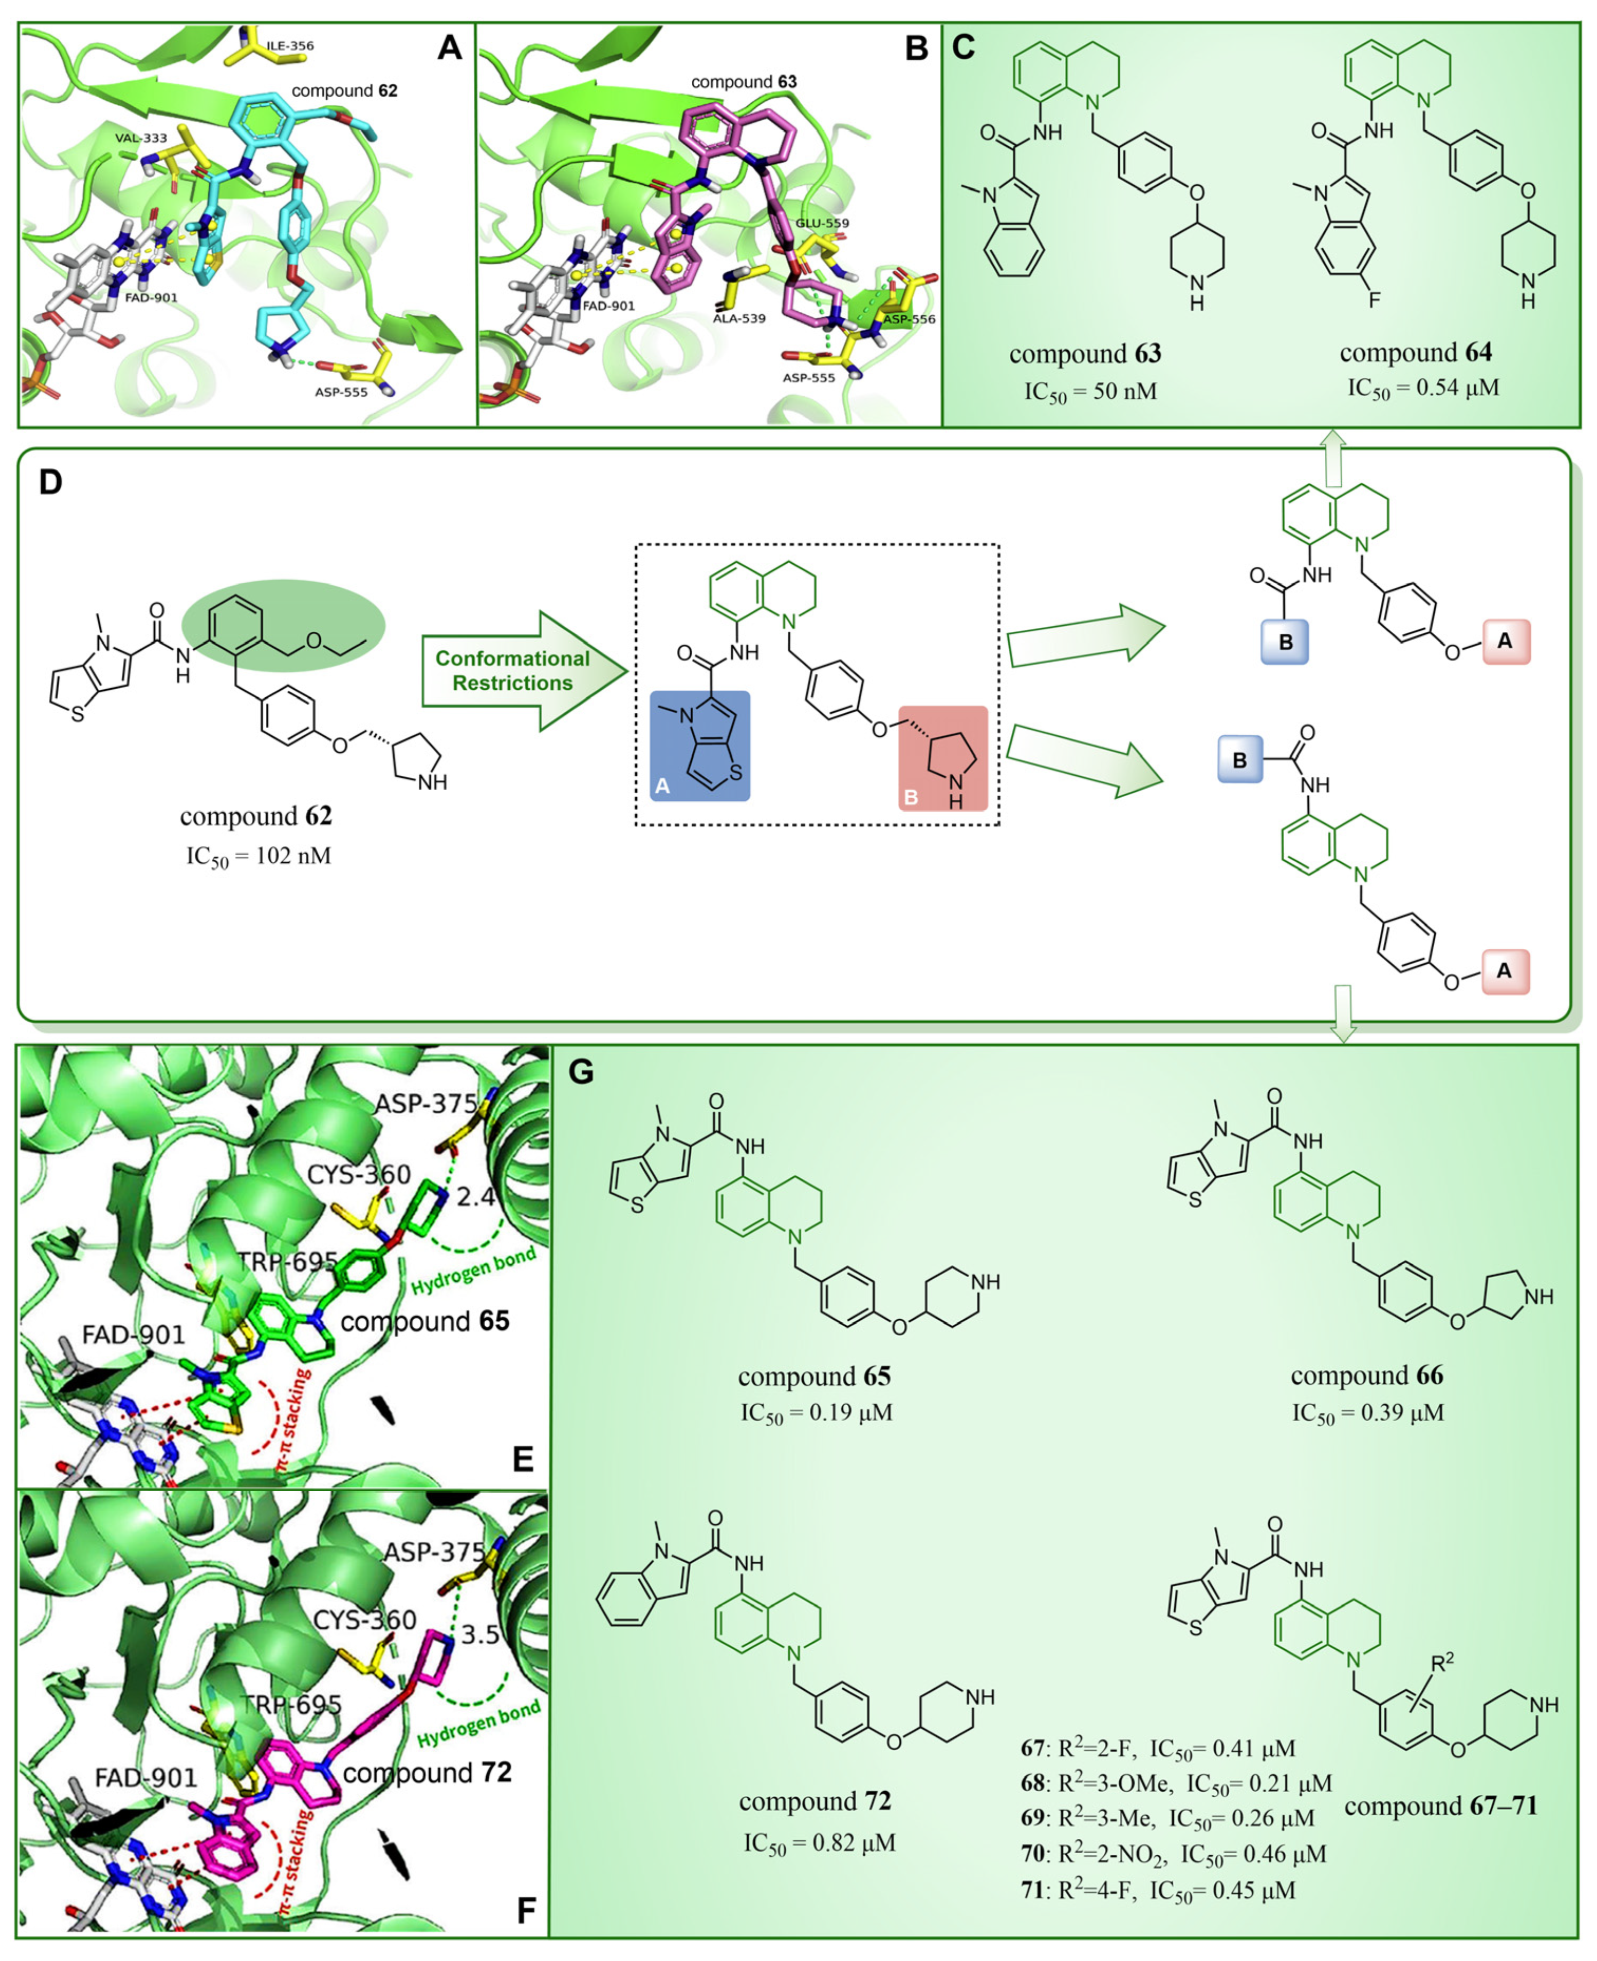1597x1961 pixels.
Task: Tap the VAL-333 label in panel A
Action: (x=141, y=138)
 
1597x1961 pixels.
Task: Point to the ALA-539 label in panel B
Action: (x=739, y=318)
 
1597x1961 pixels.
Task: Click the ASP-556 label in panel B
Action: (x=909, y=319)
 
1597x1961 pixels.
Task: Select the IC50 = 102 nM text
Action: (x=258, y=856)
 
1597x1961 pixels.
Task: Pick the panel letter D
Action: (x=51, y=481)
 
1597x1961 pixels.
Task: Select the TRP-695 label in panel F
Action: (x=291, y=1704)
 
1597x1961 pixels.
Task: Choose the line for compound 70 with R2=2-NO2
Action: (x=1173, y=1854)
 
